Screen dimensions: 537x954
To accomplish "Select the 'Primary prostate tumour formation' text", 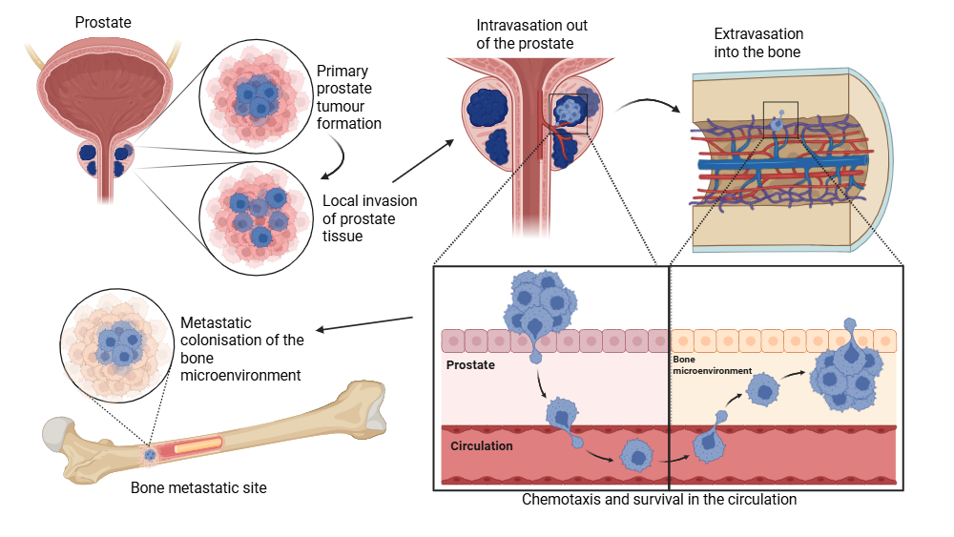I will (348, 97).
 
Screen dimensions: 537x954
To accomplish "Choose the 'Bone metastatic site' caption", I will (198, 488).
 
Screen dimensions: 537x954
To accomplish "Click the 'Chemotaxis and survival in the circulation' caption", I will (658, 499).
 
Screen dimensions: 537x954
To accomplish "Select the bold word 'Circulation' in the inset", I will (481, 445).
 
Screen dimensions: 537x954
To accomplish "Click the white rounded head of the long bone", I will (57, 434).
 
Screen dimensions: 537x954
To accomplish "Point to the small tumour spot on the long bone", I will (150, 456).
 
